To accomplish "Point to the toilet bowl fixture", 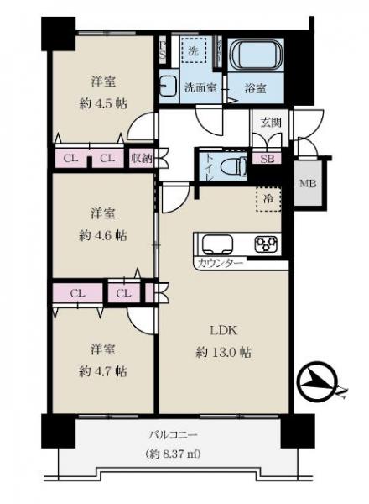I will tap(235, 164).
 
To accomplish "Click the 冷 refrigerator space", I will tap(268, 199).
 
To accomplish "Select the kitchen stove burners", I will tap(268, 244).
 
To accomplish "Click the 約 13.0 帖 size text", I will tap(223, 352).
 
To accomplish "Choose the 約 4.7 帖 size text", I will tap(103, 370).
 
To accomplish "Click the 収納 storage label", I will tap(141, 157).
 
